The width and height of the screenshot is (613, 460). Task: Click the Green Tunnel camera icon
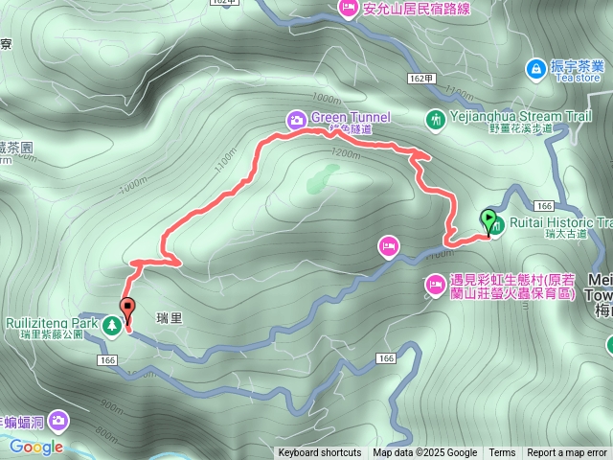(297, 119)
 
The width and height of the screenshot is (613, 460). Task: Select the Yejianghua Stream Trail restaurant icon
(436, 119)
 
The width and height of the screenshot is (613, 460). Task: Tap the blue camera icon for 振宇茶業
(534, 67)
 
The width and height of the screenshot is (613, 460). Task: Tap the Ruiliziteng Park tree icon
(112, 326)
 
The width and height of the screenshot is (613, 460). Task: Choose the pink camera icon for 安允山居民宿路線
(347, 10)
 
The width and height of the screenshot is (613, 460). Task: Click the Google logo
(36, 447)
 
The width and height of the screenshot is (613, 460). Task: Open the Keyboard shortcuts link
(320, 453)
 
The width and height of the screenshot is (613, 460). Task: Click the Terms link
(502, 453)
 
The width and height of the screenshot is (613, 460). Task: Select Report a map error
(567, 453)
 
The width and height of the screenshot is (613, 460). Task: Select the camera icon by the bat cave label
(59, 420)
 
